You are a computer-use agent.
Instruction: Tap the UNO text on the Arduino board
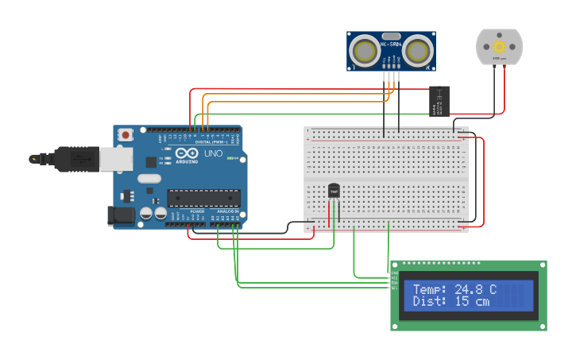[x=214, y=153]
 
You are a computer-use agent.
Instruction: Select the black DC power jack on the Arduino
[x=119, y=215]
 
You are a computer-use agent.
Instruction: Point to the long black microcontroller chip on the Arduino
[x=203, y=198]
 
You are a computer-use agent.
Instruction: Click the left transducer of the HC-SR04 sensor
[x=365, y=52]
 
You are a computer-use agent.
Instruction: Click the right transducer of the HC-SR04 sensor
[x=416, y=52]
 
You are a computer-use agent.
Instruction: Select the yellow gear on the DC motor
[x=500, y=45]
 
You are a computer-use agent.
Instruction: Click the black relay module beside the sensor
[x=439, y=102]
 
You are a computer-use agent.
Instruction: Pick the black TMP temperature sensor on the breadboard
[x=334, y=191]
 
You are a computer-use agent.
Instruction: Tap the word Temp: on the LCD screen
[x=430, y=290]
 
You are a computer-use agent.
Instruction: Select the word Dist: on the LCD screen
[x=430, y=302]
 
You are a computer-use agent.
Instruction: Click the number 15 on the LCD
[x=463, y=302]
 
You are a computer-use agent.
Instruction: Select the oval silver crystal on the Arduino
[x=149, y=179]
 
